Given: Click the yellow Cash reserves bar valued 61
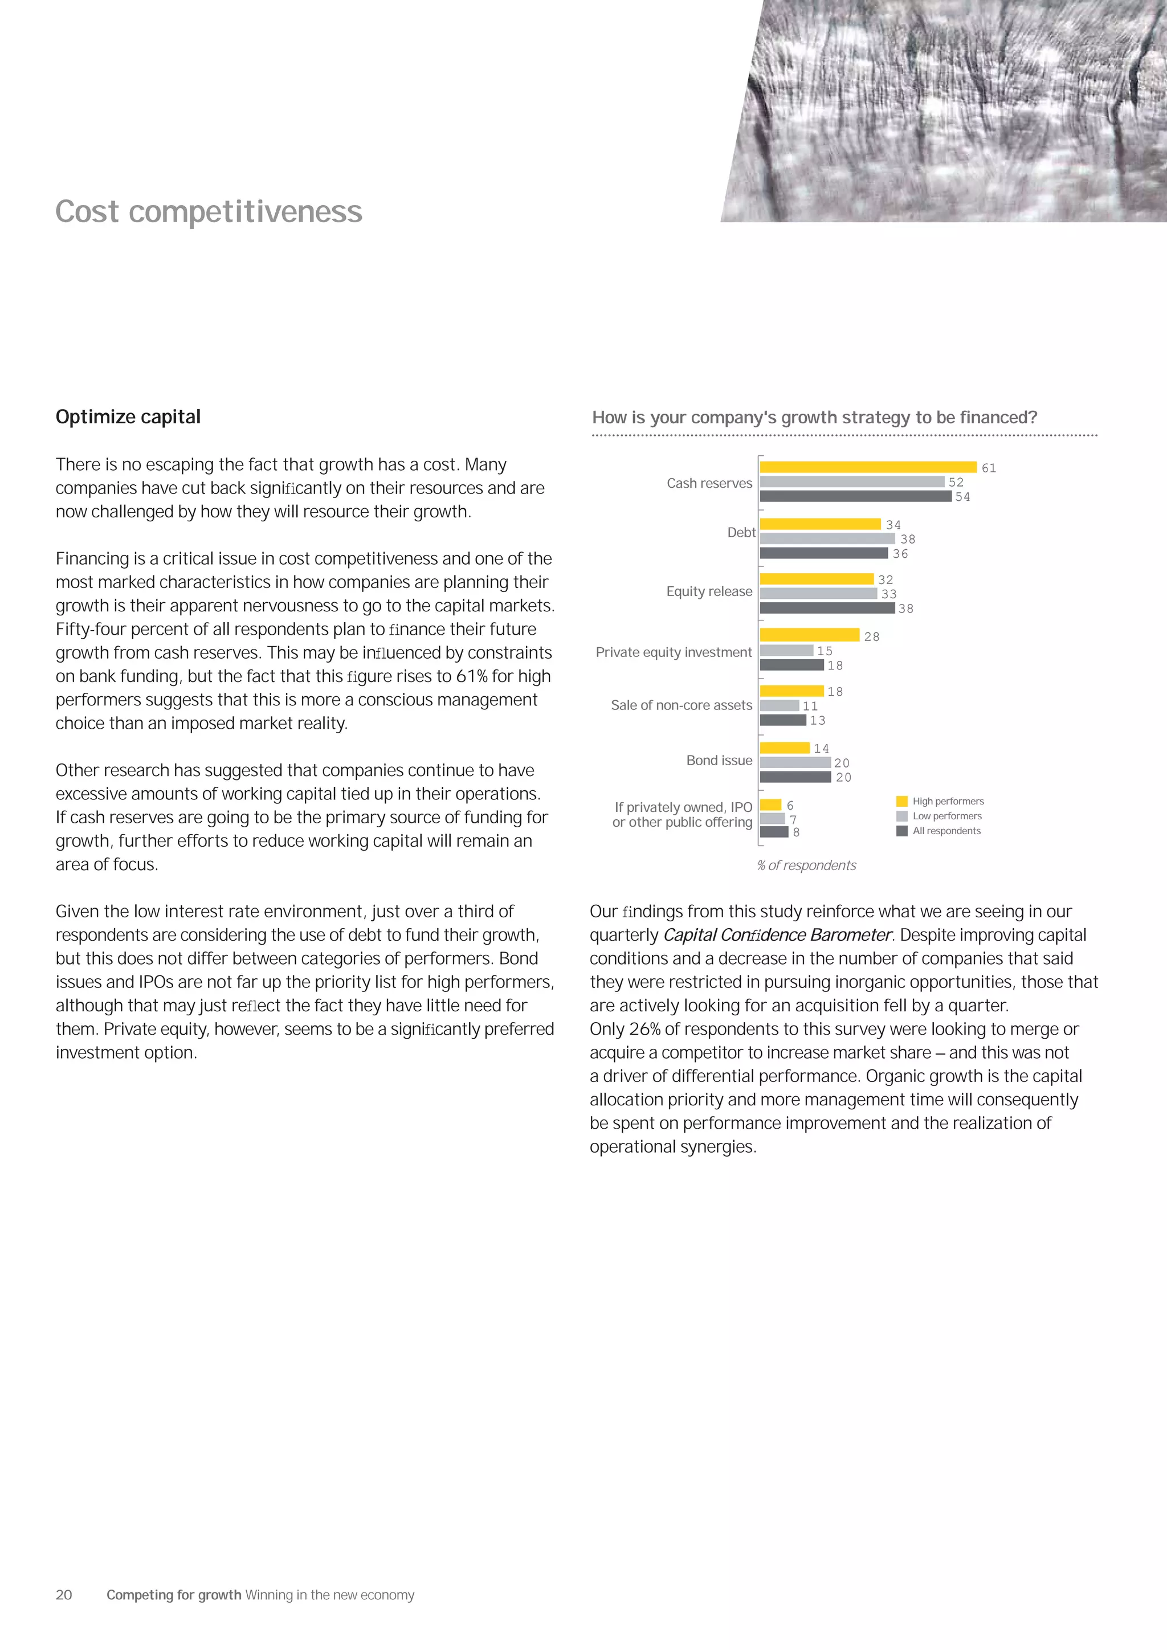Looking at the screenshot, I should pyautogui.click(x=867, y=467).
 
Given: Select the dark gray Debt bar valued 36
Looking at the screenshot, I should pyautogui.click(x=823, y=553).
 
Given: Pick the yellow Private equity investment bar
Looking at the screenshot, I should pyautogui.click(x=809, y=635).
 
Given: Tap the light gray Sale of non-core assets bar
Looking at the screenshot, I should pyautogui.click(x=779, y=706).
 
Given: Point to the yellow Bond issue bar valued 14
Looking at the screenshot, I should pyautogui.click(x=784, y=748).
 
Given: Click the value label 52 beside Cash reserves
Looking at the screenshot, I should pyautogui.click(x=956, y=482).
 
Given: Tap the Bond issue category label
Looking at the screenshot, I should pyautogui.click(x=719, y=760).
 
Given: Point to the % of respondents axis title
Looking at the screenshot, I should pyautogui.click(x=806, y=865).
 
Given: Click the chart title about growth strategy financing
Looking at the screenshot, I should pyautogui.click(x=814, y=418).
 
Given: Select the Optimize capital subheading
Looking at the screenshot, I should pyautogui.click(x=128, y=417).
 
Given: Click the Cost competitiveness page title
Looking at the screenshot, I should pyautogui.click(x=209, y=211).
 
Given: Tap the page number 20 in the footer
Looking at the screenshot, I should pyautogui.click(x=64, y=1595).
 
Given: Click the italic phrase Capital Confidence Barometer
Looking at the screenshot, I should pyautogui.click(x=777, y=935).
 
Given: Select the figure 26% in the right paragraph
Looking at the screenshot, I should pyautogui.click(x=644, y=1029).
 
